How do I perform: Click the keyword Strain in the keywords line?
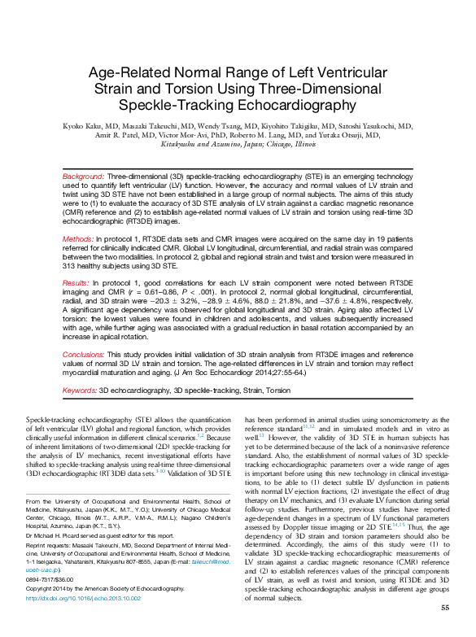[247, 390]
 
